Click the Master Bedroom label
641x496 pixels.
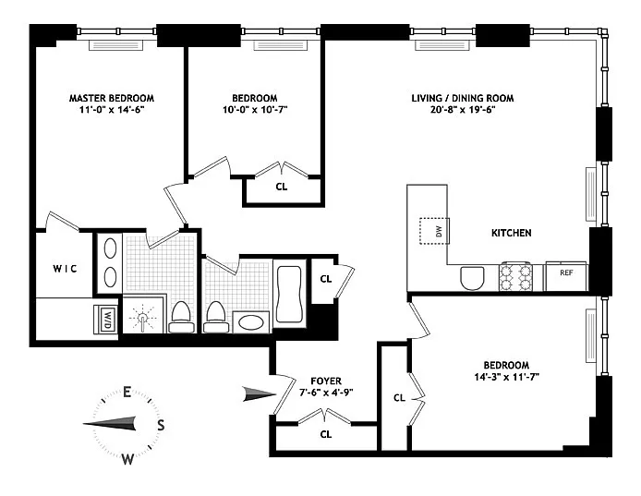tap(112, 98)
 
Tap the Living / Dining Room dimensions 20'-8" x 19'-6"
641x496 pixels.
tap(463, 110)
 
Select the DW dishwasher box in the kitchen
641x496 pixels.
tap(434, 232)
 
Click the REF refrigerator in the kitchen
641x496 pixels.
tap(566, 277)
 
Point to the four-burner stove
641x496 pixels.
tap(514, 277)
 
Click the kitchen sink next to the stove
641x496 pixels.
tap(472, 278)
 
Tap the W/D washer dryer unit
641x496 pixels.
tap(106, 320)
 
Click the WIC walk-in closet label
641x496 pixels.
tap(65, 269)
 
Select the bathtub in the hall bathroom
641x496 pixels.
tap(289, 294)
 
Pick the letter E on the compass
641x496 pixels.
tap(127, 393)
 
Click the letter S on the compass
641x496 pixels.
tap(161, 425)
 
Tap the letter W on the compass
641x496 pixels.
tap(127, 460)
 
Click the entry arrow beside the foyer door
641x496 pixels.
tap(260, 393)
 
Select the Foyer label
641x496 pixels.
tap(326, 381)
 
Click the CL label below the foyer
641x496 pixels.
tap(326, 434)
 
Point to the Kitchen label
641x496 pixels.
tap(512, 233)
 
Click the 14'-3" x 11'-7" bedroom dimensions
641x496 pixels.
tap(506, 377)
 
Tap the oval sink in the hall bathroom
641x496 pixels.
tap(251, 322)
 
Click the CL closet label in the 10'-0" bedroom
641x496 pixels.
tap(282, 187)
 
